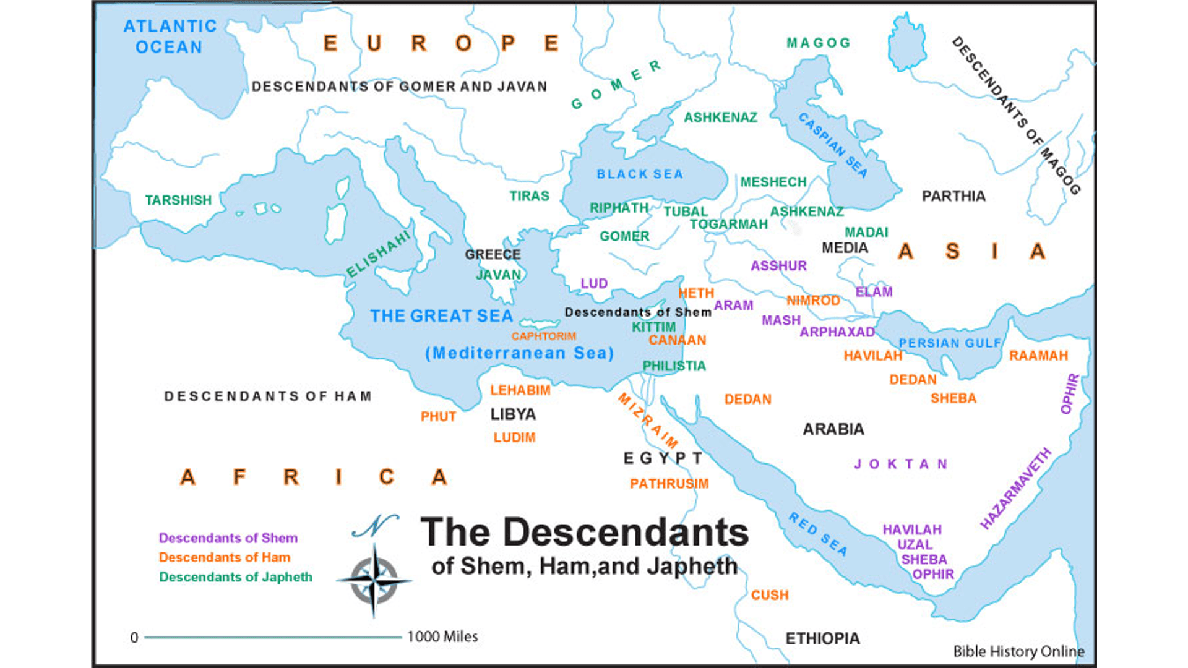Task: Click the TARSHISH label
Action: pos(178,200)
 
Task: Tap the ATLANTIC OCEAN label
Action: pos(170,36)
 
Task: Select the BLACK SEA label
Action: pos(640,174)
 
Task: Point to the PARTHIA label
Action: pos(953,196)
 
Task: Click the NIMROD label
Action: pos(813,301)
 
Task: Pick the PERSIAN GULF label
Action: pos(950,343)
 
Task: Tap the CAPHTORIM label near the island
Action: pos(543,336)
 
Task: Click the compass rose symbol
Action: pos(374,580)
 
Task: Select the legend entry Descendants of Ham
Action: pos(225,557)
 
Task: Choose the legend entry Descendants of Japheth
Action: pos(236,577)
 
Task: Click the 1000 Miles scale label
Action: pos(442,636)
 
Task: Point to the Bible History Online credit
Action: pos(1018,651)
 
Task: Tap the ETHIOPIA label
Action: pos(822,638)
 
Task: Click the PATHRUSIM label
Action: pos(669,484)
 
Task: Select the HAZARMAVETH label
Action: pos(1015,489)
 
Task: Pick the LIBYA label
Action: pos(513,414)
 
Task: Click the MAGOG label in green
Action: pos(819,43)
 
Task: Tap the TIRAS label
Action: pos(529,196)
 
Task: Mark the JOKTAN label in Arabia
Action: pos(900,464)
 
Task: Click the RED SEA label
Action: pos(818,534)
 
